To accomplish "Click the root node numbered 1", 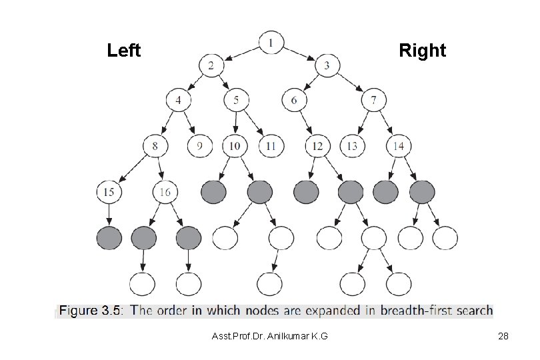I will click(271, 43).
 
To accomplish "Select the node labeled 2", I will click(211, 66).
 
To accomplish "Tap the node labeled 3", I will click(327, 66).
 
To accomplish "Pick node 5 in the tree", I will click(236, 101).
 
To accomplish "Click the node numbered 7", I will click(374, 101).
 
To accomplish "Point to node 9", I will click(199, 146).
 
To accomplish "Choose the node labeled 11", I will click(271, 146).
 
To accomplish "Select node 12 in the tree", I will click(317, 146).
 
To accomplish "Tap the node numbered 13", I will click(352, 146).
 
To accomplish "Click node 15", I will click(109, 192).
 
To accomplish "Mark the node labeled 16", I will click(166, 192).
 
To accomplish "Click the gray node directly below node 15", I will click(109, 237).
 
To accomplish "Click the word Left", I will click(124, 51).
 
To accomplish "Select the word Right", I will click(422, 51).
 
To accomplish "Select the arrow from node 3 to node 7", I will click(351, 83).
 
